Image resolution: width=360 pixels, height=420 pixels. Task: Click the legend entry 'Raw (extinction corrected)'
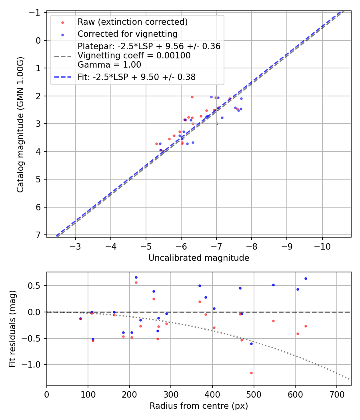coord(132,22)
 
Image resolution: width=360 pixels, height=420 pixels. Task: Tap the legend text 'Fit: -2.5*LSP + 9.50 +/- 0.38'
coord(136,77)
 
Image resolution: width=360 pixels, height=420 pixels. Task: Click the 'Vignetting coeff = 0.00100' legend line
coord(134,56)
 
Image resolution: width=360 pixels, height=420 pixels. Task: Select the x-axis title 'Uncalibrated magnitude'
coord(199,258)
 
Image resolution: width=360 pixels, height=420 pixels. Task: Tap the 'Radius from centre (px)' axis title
coord(199,406)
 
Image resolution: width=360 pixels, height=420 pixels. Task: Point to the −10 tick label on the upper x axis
coord(322,246)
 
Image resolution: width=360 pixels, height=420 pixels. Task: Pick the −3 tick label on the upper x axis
coord(76,246)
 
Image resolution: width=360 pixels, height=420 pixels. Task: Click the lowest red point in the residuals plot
coord(251,373)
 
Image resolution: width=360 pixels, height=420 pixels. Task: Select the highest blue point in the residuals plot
coord(136,277)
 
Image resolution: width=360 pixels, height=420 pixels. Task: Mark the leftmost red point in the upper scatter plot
coord(156,144)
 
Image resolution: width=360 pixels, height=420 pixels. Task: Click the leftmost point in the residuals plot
coord(80,319)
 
